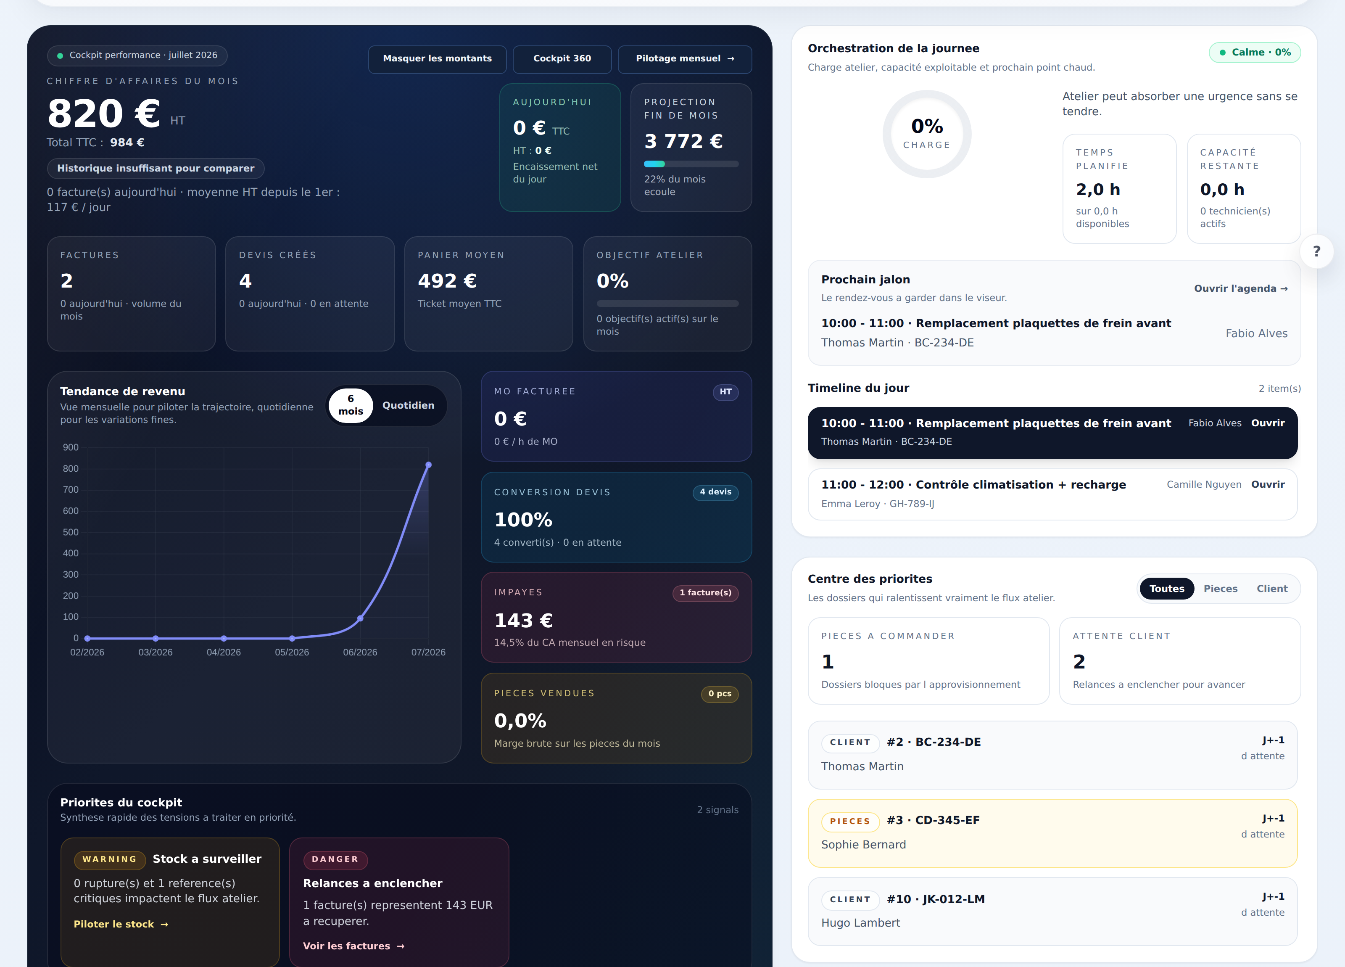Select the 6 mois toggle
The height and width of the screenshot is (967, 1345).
(x=351, y=405)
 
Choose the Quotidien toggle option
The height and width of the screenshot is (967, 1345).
(x=408, y=405)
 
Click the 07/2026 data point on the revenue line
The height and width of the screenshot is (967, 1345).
(x=428, y=465)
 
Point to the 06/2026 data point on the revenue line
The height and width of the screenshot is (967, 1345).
(x=360, y=618)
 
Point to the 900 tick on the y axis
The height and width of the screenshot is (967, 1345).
(x=71, y=447)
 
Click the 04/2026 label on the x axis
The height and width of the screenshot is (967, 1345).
(x=224, y=652)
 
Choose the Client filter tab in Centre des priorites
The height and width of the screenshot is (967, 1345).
(x=1272, y=589)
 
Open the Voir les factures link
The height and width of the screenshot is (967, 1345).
(x=353, y=946)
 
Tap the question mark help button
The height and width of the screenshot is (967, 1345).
(x=1316, y=251)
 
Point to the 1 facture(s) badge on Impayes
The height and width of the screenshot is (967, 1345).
(x=705, y=593)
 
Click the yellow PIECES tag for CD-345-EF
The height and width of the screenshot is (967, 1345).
(x=850, y=821)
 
